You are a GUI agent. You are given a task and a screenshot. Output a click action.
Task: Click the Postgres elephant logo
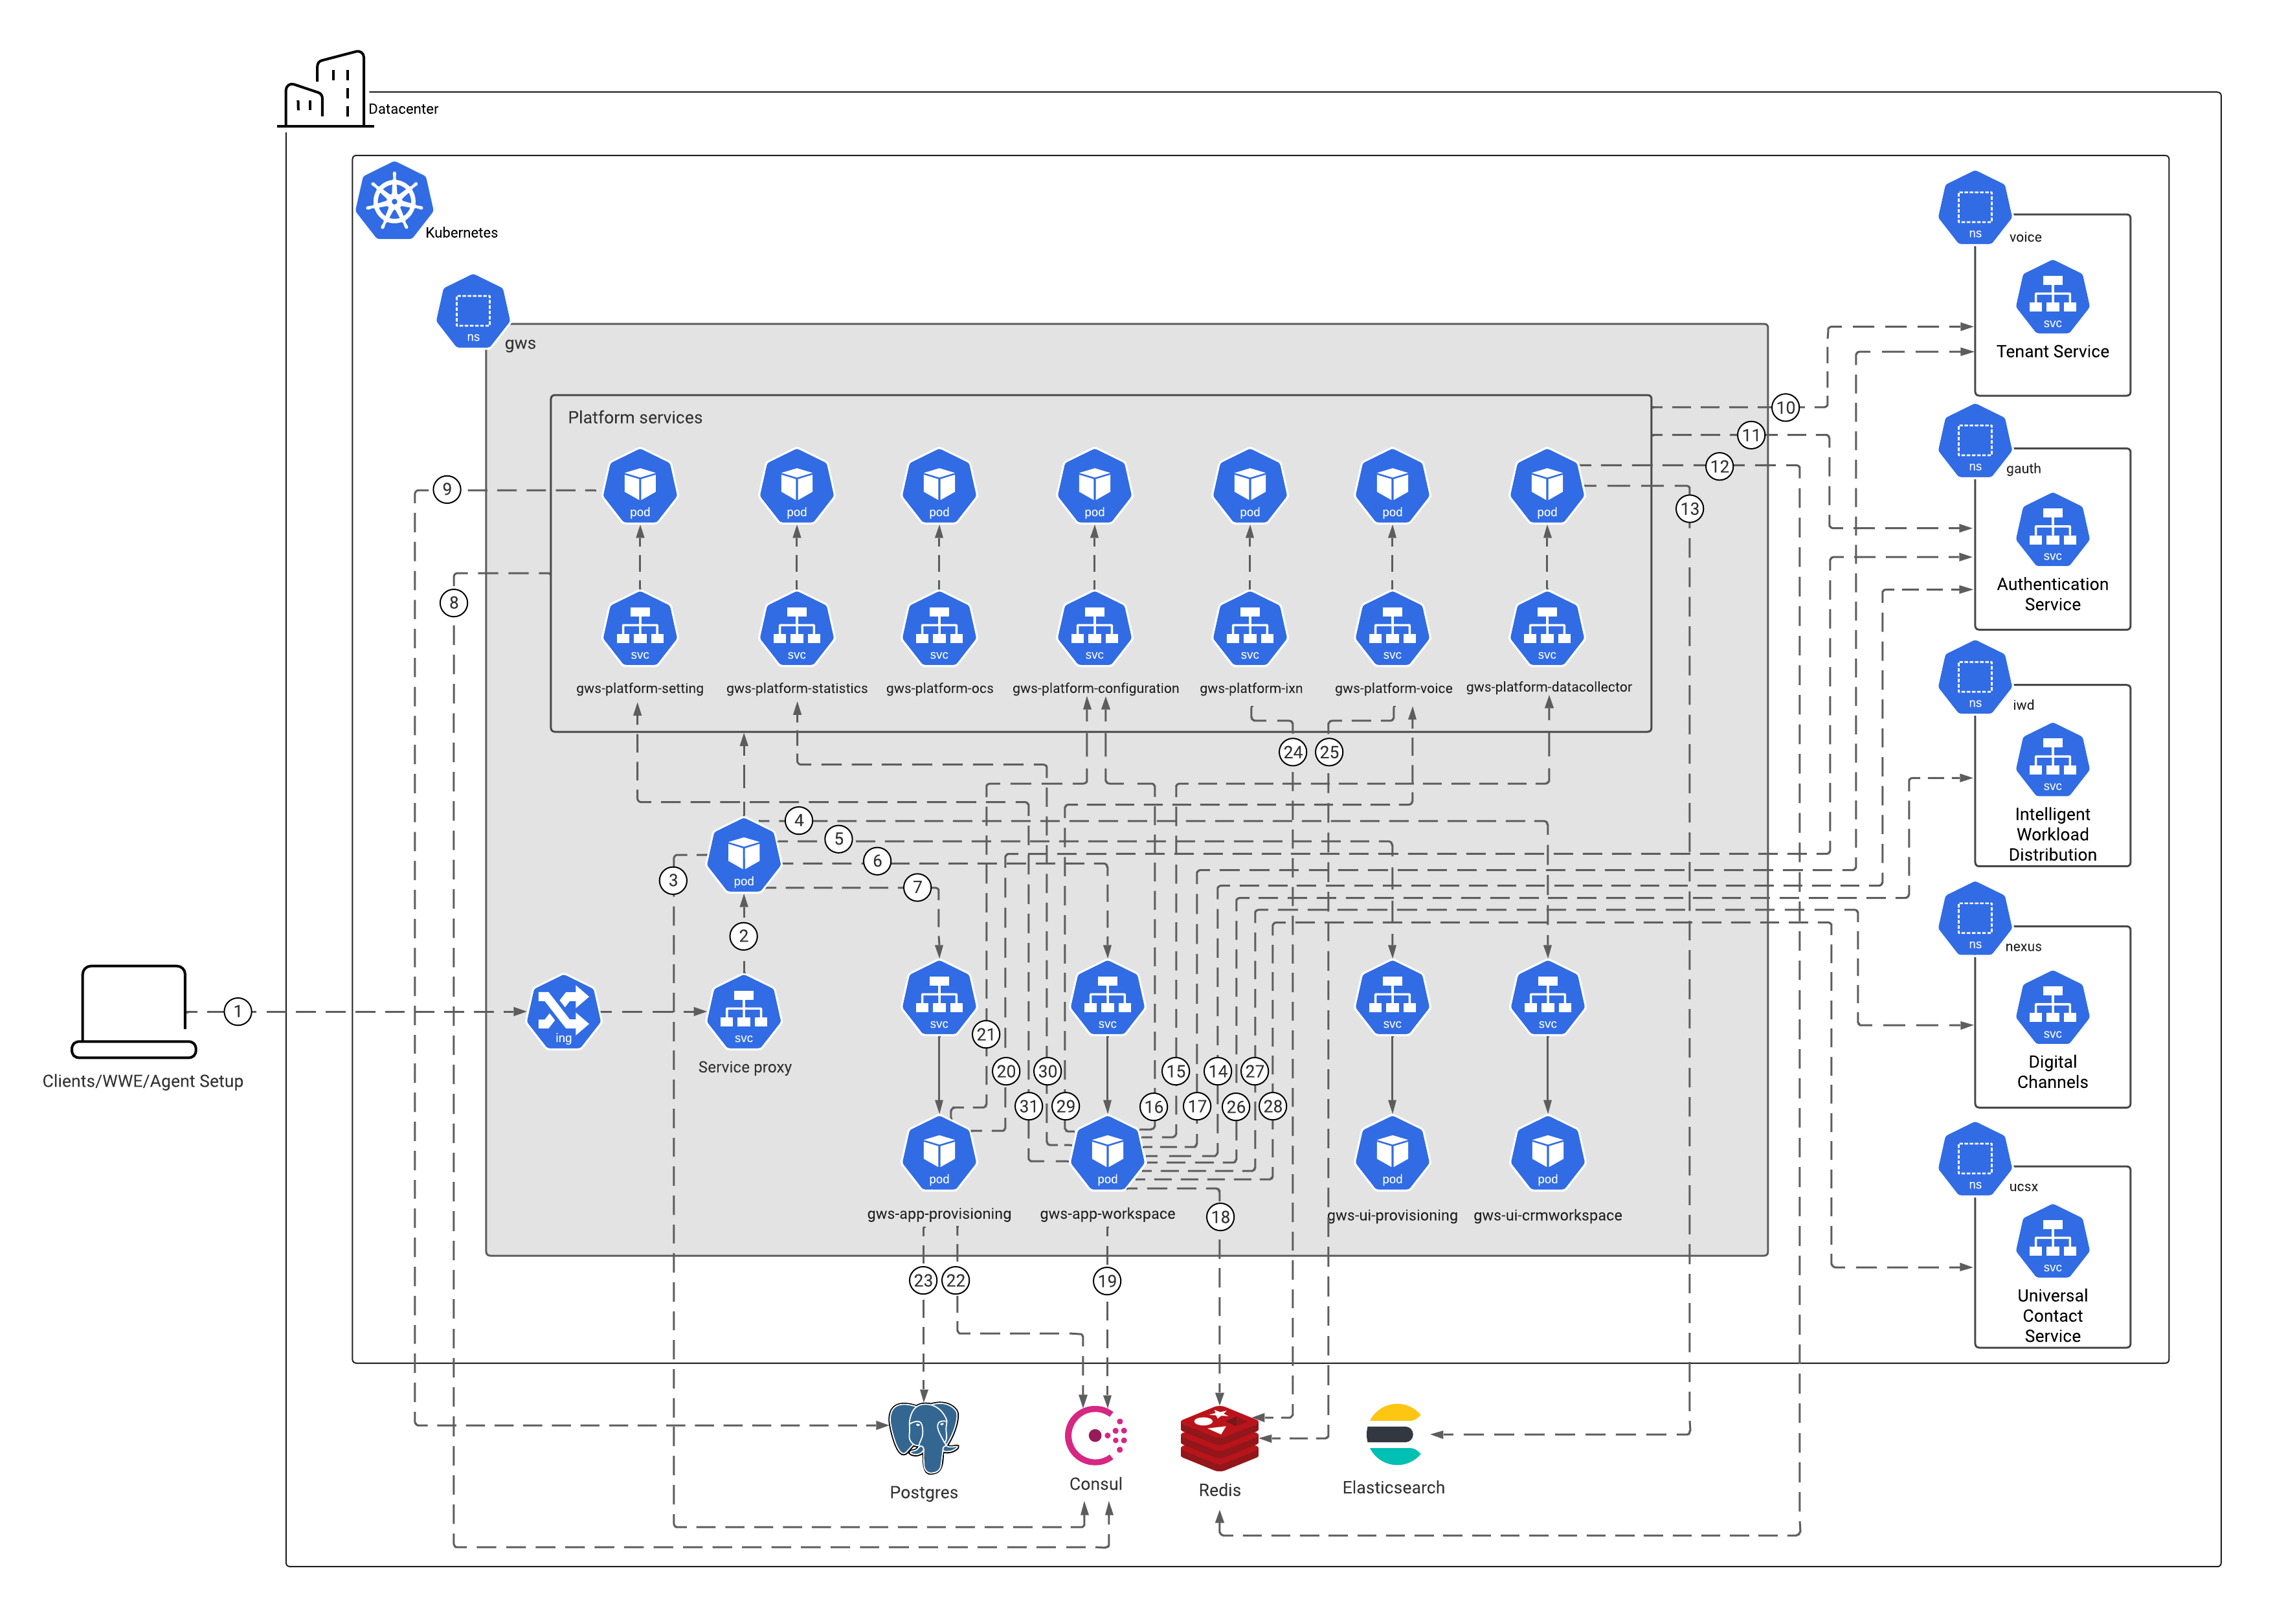click(x=924, y=1436)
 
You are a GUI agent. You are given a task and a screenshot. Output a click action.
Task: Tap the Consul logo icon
click(x=1095, y=1436)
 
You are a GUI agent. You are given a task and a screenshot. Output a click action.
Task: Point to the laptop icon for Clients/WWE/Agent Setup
click(x=133, y=1011)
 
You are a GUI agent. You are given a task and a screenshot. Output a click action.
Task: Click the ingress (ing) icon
click(x=564, y=1012)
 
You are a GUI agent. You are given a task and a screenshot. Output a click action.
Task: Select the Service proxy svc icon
click(x=743, y=1012)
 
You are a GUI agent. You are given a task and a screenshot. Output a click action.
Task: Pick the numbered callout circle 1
click(x=237, y=1012)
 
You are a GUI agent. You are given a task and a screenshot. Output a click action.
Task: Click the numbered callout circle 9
click(x=447, y=490)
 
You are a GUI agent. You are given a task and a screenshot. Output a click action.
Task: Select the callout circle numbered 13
click(x=1689, y=510)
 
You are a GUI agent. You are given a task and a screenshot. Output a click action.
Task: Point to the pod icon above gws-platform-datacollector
click(x=1547, y=486)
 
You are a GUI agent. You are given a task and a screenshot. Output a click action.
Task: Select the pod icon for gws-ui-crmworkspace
click(x=1547, y=1153)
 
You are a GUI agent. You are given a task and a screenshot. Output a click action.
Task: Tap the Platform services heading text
click(x=634, y=418)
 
